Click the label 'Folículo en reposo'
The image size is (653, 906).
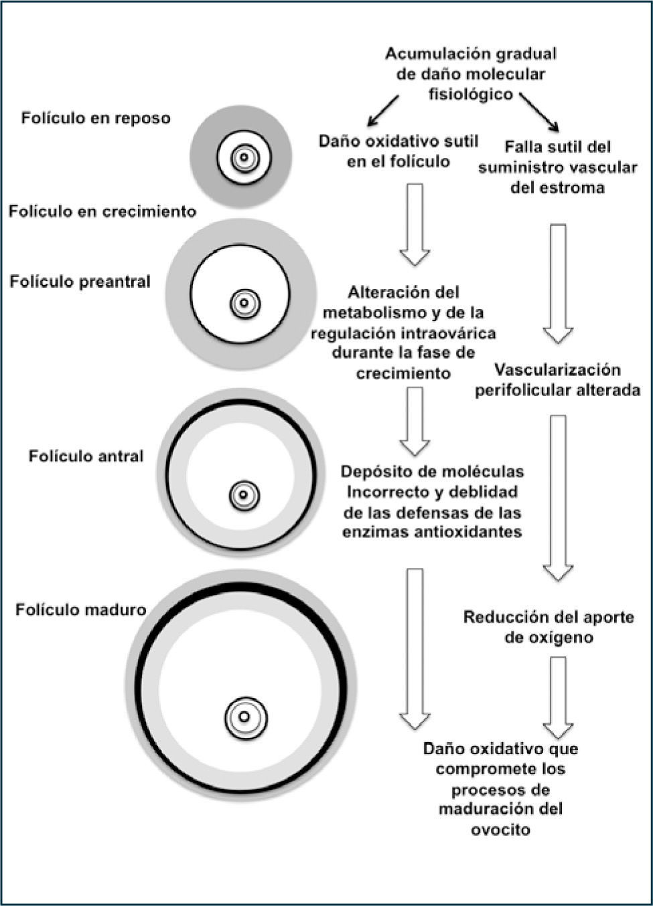96,118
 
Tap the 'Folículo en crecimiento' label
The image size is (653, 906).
102,211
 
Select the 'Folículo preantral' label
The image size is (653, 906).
80,282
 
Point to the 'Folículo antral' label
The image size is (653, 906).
86,456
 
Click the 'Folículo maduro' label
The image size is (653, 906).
81,610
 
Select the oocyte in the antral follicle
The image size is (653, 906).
244,496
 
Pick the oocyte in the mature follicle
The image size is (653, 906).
245,717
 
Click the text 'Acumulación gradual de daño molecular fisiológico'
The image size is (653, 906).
470,74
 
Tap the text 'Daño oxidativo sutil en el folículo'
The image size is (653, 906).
398,151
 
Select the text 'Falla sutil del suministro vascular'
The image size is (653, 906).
557,157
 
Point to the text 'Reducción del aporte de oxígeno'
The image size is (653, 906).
548,627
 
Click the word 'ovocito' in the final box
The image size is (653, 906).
501,830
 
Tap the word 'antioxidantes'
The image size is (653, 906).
432,533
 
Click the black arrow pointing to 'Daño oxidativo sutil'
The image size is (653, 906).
382,110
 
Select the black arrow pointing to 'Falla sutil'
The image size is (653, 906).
539,112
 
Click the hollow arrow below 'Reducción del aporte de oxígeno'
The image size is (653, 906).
557,696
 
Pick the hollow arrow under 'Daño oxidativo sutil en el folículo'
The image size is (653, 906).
415,224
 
